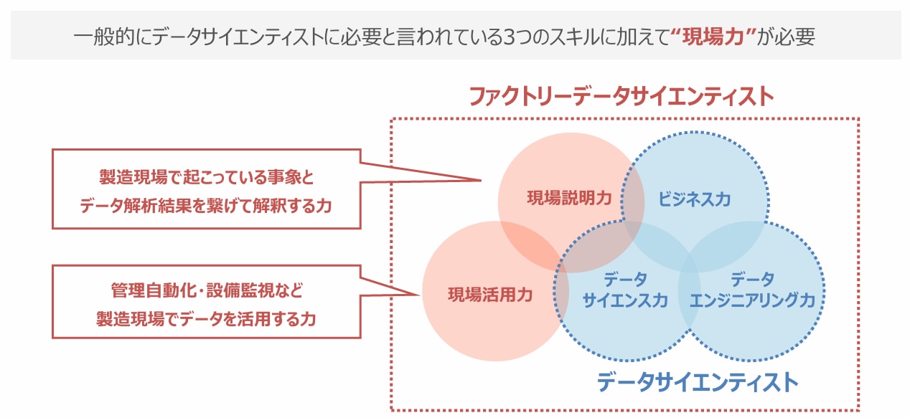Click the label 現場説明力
click(570, 199)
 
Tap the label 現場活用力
click(490, 294)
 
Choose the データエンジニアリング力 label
click(752, 290)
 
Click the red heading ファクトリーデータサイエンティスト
click(621, 96)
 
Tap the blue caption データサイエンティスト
click(698, 381)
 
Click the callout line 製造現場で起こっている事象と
click(207, 176)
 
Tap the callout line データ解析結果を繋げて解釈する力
click(207, 205)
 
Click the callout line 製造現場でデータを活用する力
click(207, 319)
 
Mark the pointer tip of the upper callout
click(479, 179)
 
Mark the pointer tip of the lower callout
click(419, 294)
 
